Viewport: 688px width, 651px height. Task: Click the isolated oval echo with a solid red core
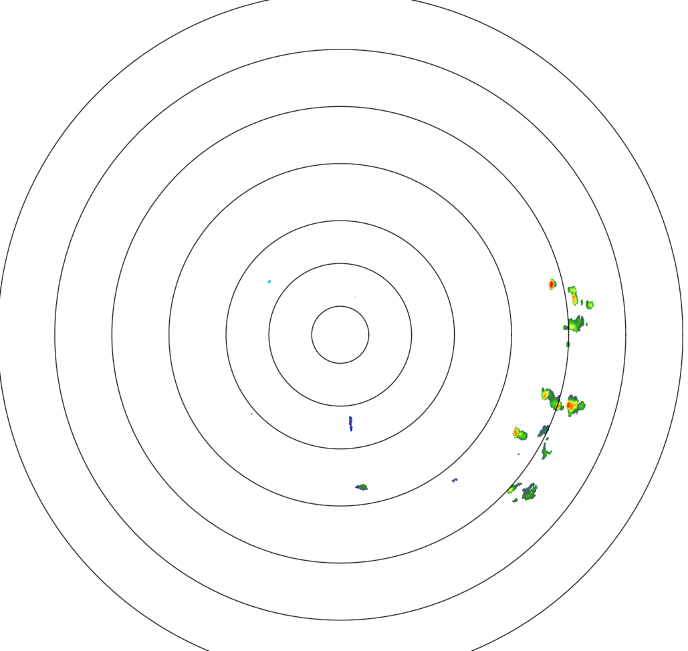pyautogui.click(x=552, y=284)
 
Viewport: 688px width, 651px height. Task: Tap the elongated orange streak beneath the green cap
pyautogui.click(x=574, y=299)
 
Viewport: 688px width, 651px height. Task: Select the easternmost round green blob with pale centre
pyautogui.click(x=590, y=305)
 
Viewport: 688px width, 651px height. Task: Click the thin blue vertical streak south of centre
pyautogui.click(x=350, y=422)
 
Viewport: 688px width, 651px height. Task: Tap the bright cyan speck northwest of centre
pyautogui.click(x=269, y=281)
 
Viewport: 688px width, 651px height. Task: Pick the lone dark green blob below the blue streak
pyautogui.click(x=362, y=487)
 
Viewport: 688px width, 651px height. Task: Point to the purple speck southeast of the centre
pyautogui.click(x=455, y=480)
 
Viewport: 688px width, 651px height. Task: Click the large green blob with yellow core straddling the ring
pyautogui.click(x=574, y=325)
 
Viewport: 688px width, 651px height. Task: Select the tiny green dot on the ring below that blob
pyautogui.click(x=568, y=344)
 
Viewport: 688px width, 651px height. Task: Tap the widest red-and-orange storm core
pyautogui.click(x=572, y=405)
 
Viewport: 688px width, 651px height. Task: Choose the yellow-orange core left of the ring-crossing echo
pyautogui.click(x=546, y=394)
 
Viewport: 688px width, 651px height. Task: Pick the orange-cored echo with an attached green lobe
pyautogui.click(x=518, y=433)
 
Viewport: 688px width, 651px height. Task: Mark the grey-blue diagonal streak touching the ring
pyautogui.click(x=544, y=430)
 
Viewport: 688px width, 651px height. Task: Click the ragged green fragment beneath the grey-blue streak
pyautogui.click(x=547, y=452)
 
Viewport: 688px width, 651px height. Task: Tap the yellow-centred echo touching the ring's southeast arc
pyautogui.click(x=513, y=489)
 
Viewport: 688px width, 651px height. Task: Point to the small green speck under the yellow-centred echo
pyautogui.click(x=514, y=501)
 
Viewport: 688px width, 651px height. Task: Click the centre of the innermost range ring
pyautogui.click(x=340, y=334)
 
